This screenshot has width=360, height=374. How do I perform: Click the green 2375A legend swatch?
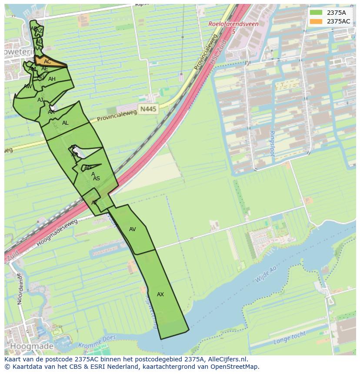click(316, 13)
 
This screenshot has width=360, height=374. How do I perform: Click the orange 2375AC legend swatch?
click(316, 21)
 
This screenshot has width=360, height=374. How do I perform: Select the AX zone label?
click(160, 295)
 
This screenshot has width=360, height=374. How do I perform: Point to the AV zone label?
click(133, 229)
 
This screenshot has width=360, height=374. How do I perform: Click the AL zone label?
click(65, 123)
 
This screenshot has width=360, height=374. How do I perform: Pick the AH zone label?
click(52, 79)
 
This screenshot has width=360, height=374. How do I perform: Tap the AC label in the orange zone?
click(47, 62)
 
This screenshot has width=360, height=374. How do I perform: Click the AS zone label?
click(97, 179)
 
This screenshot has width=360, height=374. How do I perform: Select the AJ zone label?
click(40, 100)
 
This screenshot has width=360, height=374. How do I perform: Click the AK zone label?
click(51, 112)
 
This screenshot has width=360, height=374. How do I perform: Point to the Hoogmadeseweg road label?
click(57, 233)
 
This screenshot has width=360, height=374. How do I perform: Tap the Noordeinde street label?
click(19, 289)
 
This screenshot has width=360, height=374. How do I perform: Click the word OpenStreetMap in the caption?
click(234, 367)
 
